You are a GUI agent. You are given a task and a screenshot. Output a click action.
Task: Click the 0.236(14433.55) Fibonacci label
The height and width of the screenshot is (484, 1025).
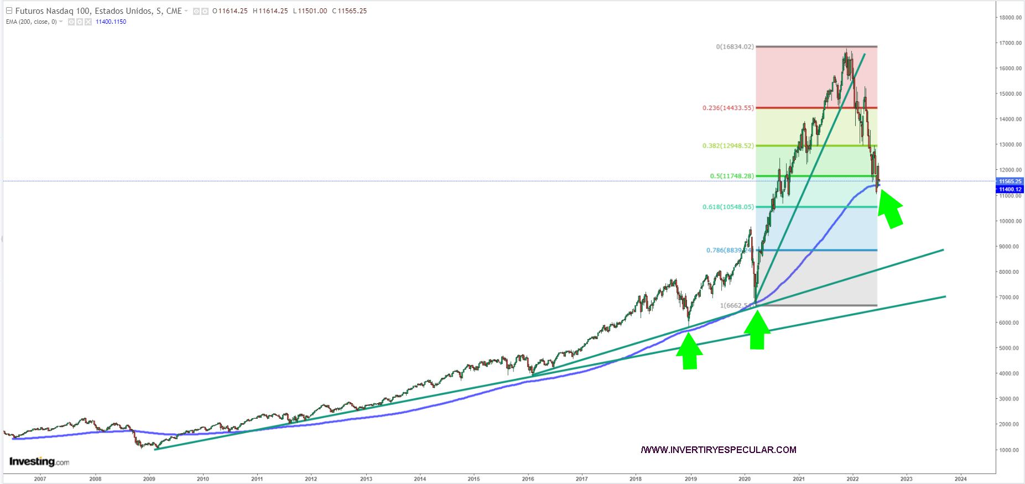tap(728, 108)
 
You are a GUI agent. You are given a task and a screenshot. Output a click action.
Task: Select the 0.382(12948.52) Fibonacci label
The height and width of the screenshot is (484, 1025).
tap(728, 146)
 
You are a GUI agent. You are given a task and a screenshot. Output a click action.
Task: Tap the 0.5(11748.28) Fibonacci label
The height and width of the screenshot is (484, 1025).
tap(731, 176)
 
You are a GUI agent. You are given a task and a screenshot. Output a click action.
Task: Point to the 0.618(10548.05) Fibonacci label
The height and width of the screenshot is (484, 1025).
tap(728, 207)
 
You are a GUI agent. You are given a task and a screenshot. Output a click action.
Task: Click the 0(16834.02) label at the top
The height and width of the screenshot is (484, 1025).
tap(735, 46)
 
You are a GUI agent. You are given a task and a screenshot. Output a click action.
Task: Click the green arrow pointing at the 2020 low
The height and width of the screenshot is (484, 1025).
tap(757, 331)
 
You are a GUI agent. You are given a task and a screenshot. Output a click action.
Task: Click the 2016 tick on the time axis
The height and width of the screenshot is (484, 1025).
tap(528, 479)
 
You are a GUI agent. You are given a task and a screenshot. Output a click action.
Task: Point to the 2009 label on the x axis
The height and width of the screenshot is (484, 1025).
tap(149, 479)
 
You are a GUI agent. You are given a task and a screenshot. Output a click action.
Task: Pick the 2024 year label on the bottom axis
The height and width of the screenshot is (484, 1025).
tap(960, 479)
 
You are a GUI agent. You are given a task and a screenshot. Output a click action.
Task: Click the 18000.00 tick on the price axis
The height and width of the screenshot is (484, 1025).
tap(1010, 18)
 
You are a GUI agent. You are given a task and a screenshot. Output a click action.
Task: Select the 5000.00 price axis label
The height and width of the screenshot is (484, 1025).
tap(1008, 348)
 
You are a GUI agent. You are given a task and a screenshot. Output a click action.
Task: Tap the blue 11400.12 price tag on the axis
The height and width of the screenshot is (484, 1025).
tap(1010, 189)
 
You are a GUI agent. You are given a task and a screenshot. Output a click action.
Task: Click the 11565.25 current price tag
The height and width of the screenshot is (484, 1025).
tap(1010, 181)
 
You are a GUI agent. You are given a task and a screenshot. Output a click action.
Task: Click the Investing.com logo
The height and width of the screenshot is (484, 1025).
tap(39, 462)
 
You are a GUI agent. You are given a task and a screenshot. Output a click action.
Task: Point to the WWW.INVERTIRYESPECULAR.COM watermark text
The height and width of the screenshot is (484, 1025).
tap(719, 450)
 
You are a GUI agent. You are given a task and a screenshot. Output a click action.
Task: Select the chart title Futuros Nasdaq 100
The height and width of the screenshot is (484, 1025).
tap(98, 11)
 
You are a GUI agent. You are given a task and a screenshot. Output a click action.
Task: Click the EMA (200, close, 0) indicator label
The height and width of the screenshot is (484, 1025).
tap(31, 22)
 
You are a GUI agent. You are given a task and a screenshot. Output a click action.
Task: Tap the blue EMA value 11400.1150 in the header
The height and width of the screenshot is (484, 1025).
tap(111, 22)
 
